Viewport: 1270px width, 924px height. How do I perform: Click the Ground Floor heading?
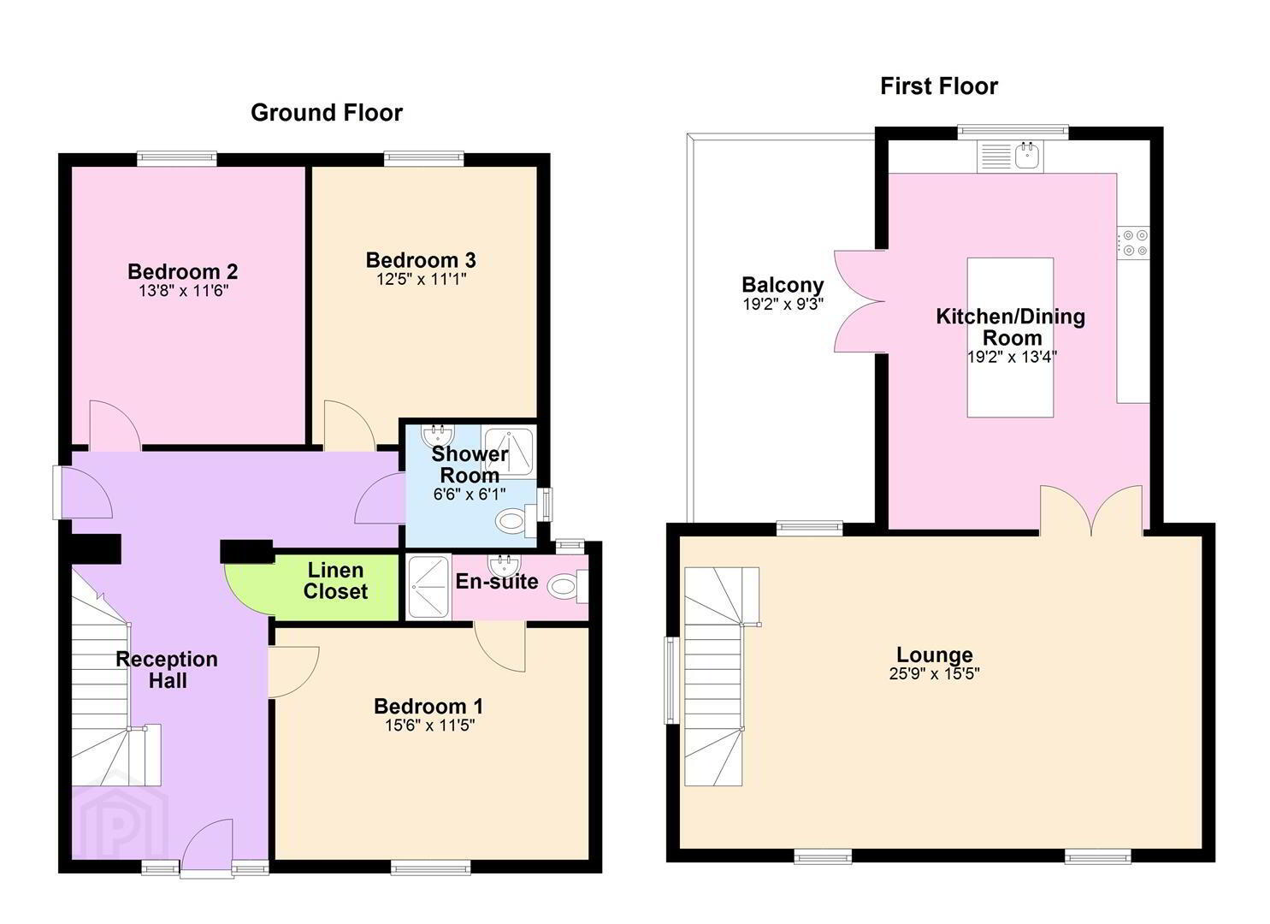[x=327, y=113]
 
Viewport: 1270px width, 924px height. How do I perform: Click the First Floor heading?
[x=939, y=86]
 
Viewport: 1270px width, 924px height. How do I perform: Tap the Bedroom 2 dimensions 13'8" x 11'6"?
[x=184, y=291]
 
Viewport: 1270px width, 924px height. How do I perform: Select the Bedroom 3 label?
[x=421, y=260]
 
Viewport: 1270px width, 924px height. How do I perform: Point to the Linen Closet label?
[x=335, y=581]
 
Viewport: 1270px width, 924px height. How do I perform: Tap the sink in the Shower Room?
[x=438, y=435]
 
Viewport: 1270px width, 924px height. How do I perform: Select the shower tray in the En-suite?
[x=429, y=587]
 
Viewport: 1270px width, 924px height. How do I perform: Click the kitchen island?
[x=1010, y=337]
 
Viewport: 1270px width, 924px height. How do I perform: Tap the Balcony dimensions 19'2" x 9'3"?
[x=783, y=305]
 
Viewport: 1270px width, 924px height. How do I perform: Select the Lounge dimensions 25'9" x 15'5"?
[x=935, y=673]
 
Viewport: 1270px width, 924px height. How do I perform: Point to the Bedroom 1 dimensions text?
[x=430, y=725]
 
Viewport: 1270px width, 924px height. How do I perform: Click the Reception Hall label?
[x=167, y=669]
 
